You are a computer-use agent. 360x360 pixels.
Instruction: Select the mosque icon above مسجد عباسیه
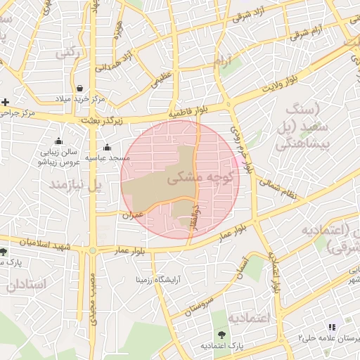click(x=107, y=148)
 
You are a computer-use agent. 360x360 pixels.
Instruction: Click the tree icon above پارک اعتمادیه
click(x=223, y=335)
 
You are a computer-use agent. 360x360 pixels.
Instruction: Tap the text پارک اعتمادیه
click(x=221, y=346)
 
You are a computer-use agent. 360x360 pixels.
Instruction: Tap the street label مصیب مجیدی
click(x=92, y=302)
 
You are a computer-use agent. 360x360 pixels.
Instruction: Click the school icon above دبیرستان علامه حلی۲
click(x=332, y=327)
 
